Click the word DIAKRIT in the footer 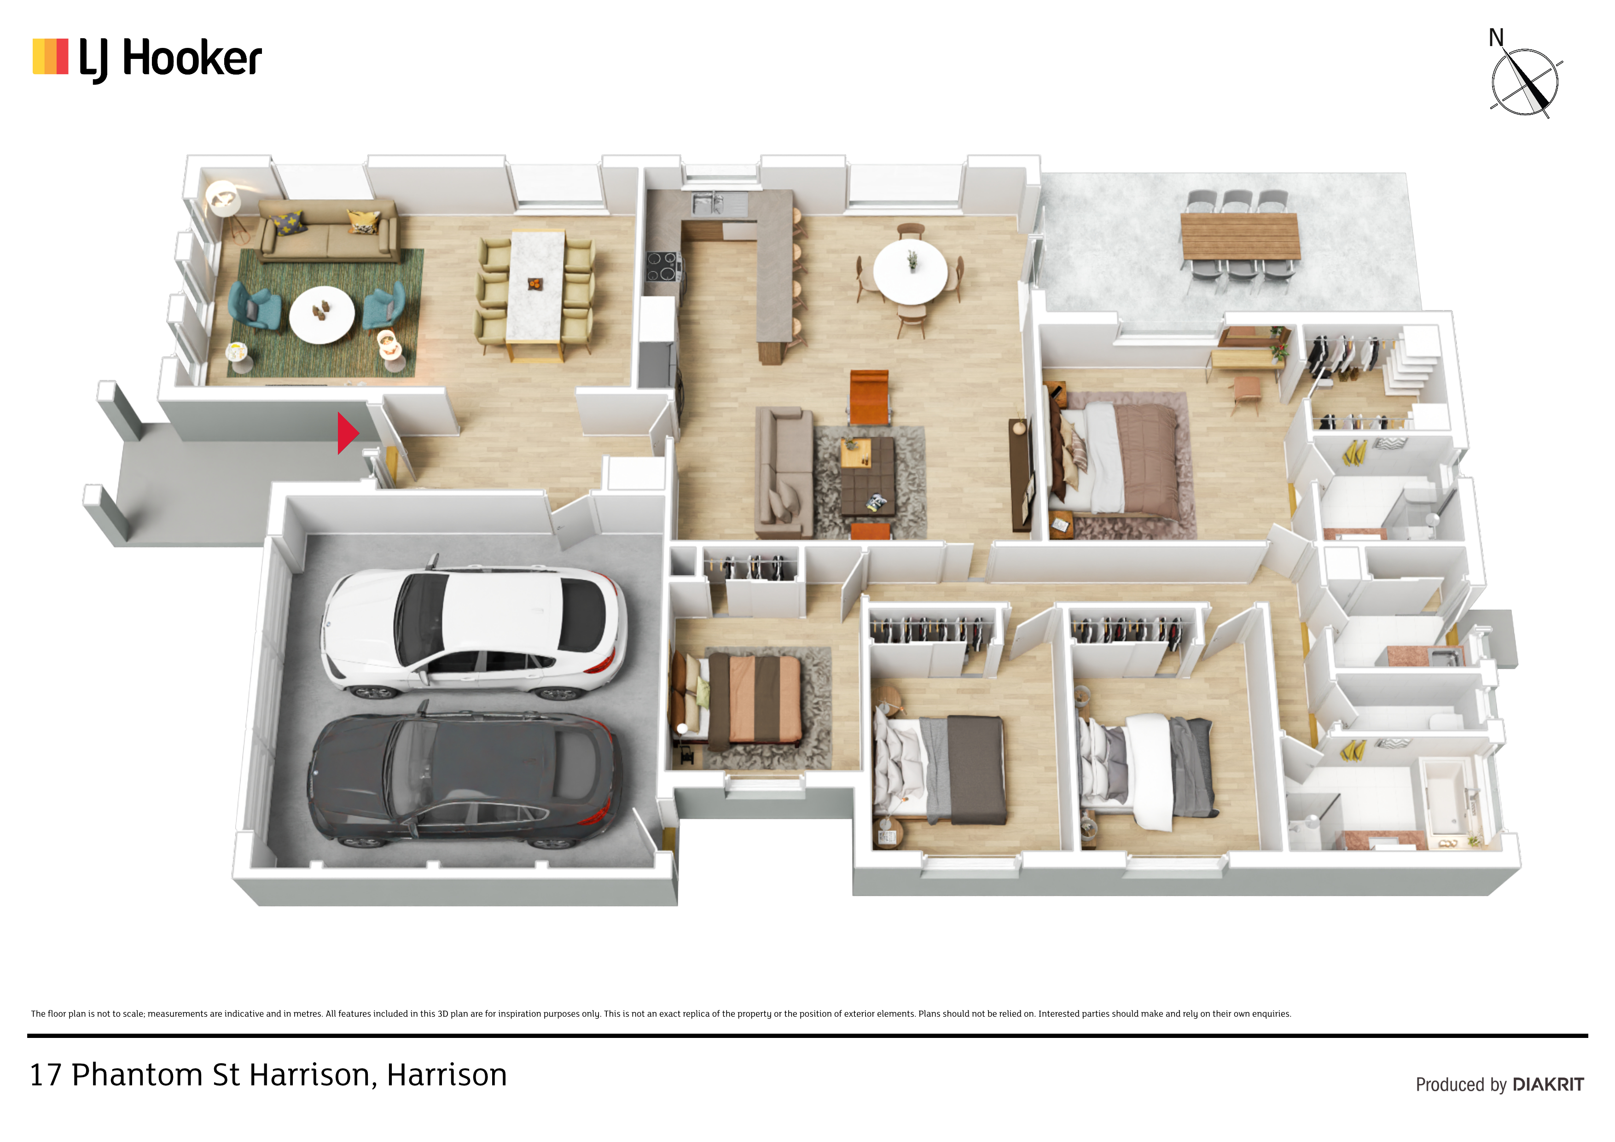pyautogui.click(x=1548, y=1084)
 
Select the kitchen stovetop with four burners pyautogui.click(x=662, y=266)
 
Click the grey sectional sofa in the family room pyautogui.click(x=786, y=473)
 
